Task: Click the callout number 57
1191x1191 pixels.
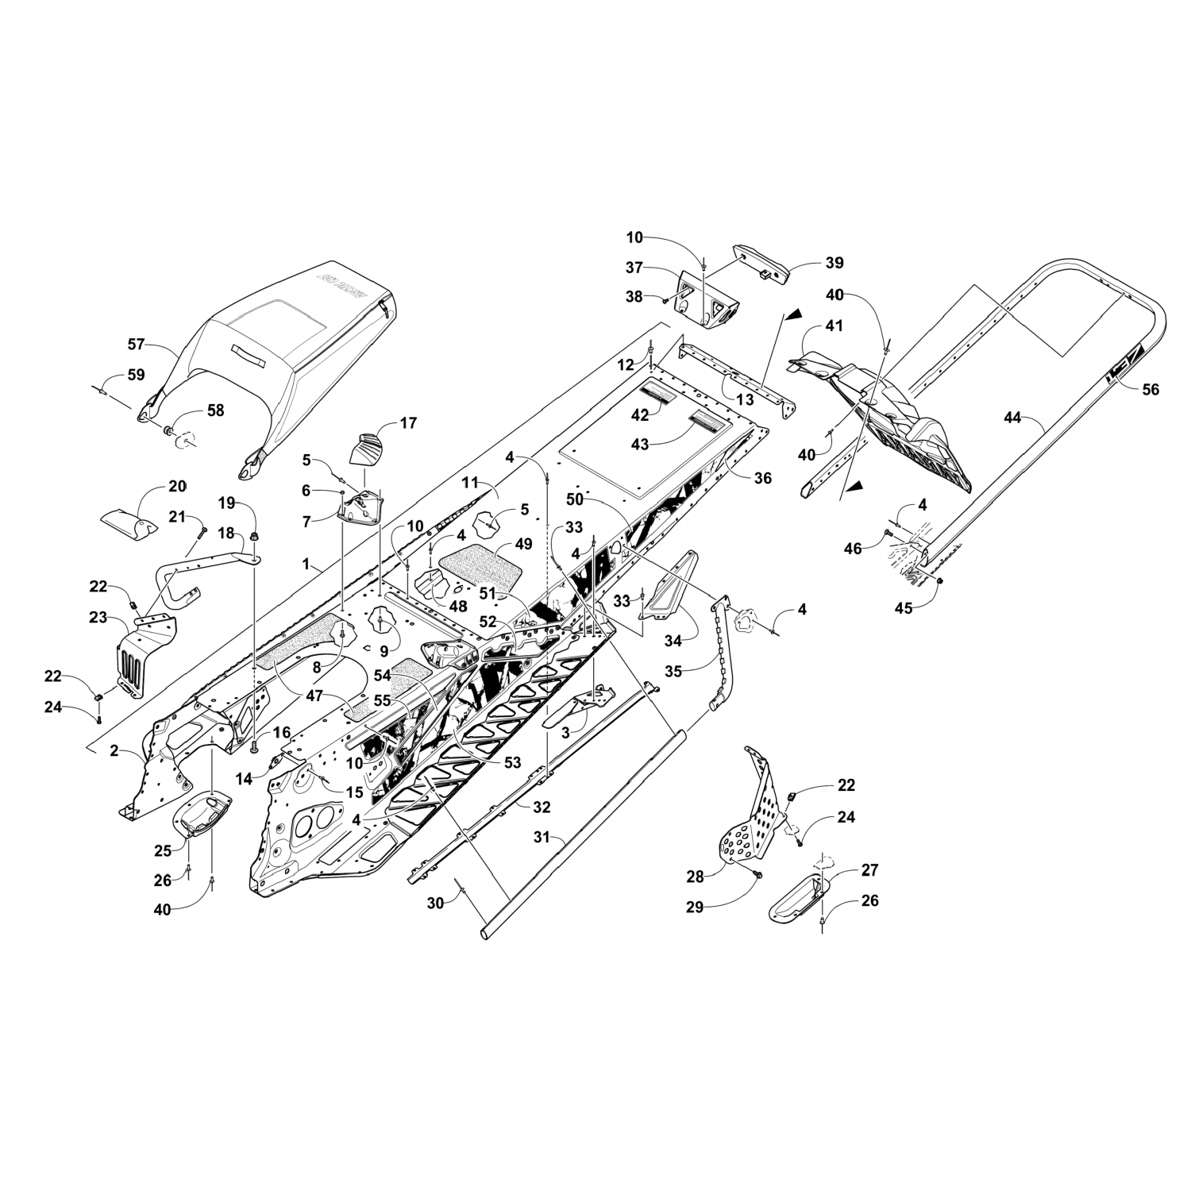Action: click(x=137, y=345)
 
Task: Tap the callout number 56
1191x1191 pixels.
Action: click(x=1150, y=389)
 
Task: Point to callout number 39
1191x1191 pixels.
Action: click(x=834, y=263)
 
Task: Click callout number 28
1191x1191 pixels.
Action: click(x=696, y=876)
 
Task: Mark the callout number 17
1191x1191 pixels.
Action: click(x=408, y=423)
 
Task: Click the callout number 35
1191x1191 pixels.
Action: click(x=673, y=670)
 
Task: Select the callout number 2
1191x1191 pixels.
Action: click(x=114, y=751)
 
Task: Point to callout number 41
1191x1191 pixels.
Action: click(x=834, y=326)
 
